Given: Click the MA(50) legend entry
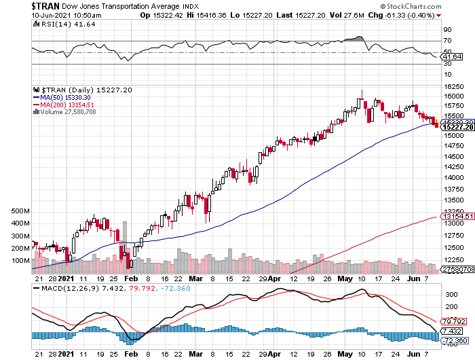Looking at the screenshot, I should click(64, 97).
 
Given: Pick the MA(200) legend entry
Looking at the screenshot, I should click(66, 104).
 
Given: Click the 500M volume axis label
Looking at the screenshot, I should click(20, 211).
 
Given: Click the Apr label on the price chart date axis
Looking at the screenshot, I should click(273, 278).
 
